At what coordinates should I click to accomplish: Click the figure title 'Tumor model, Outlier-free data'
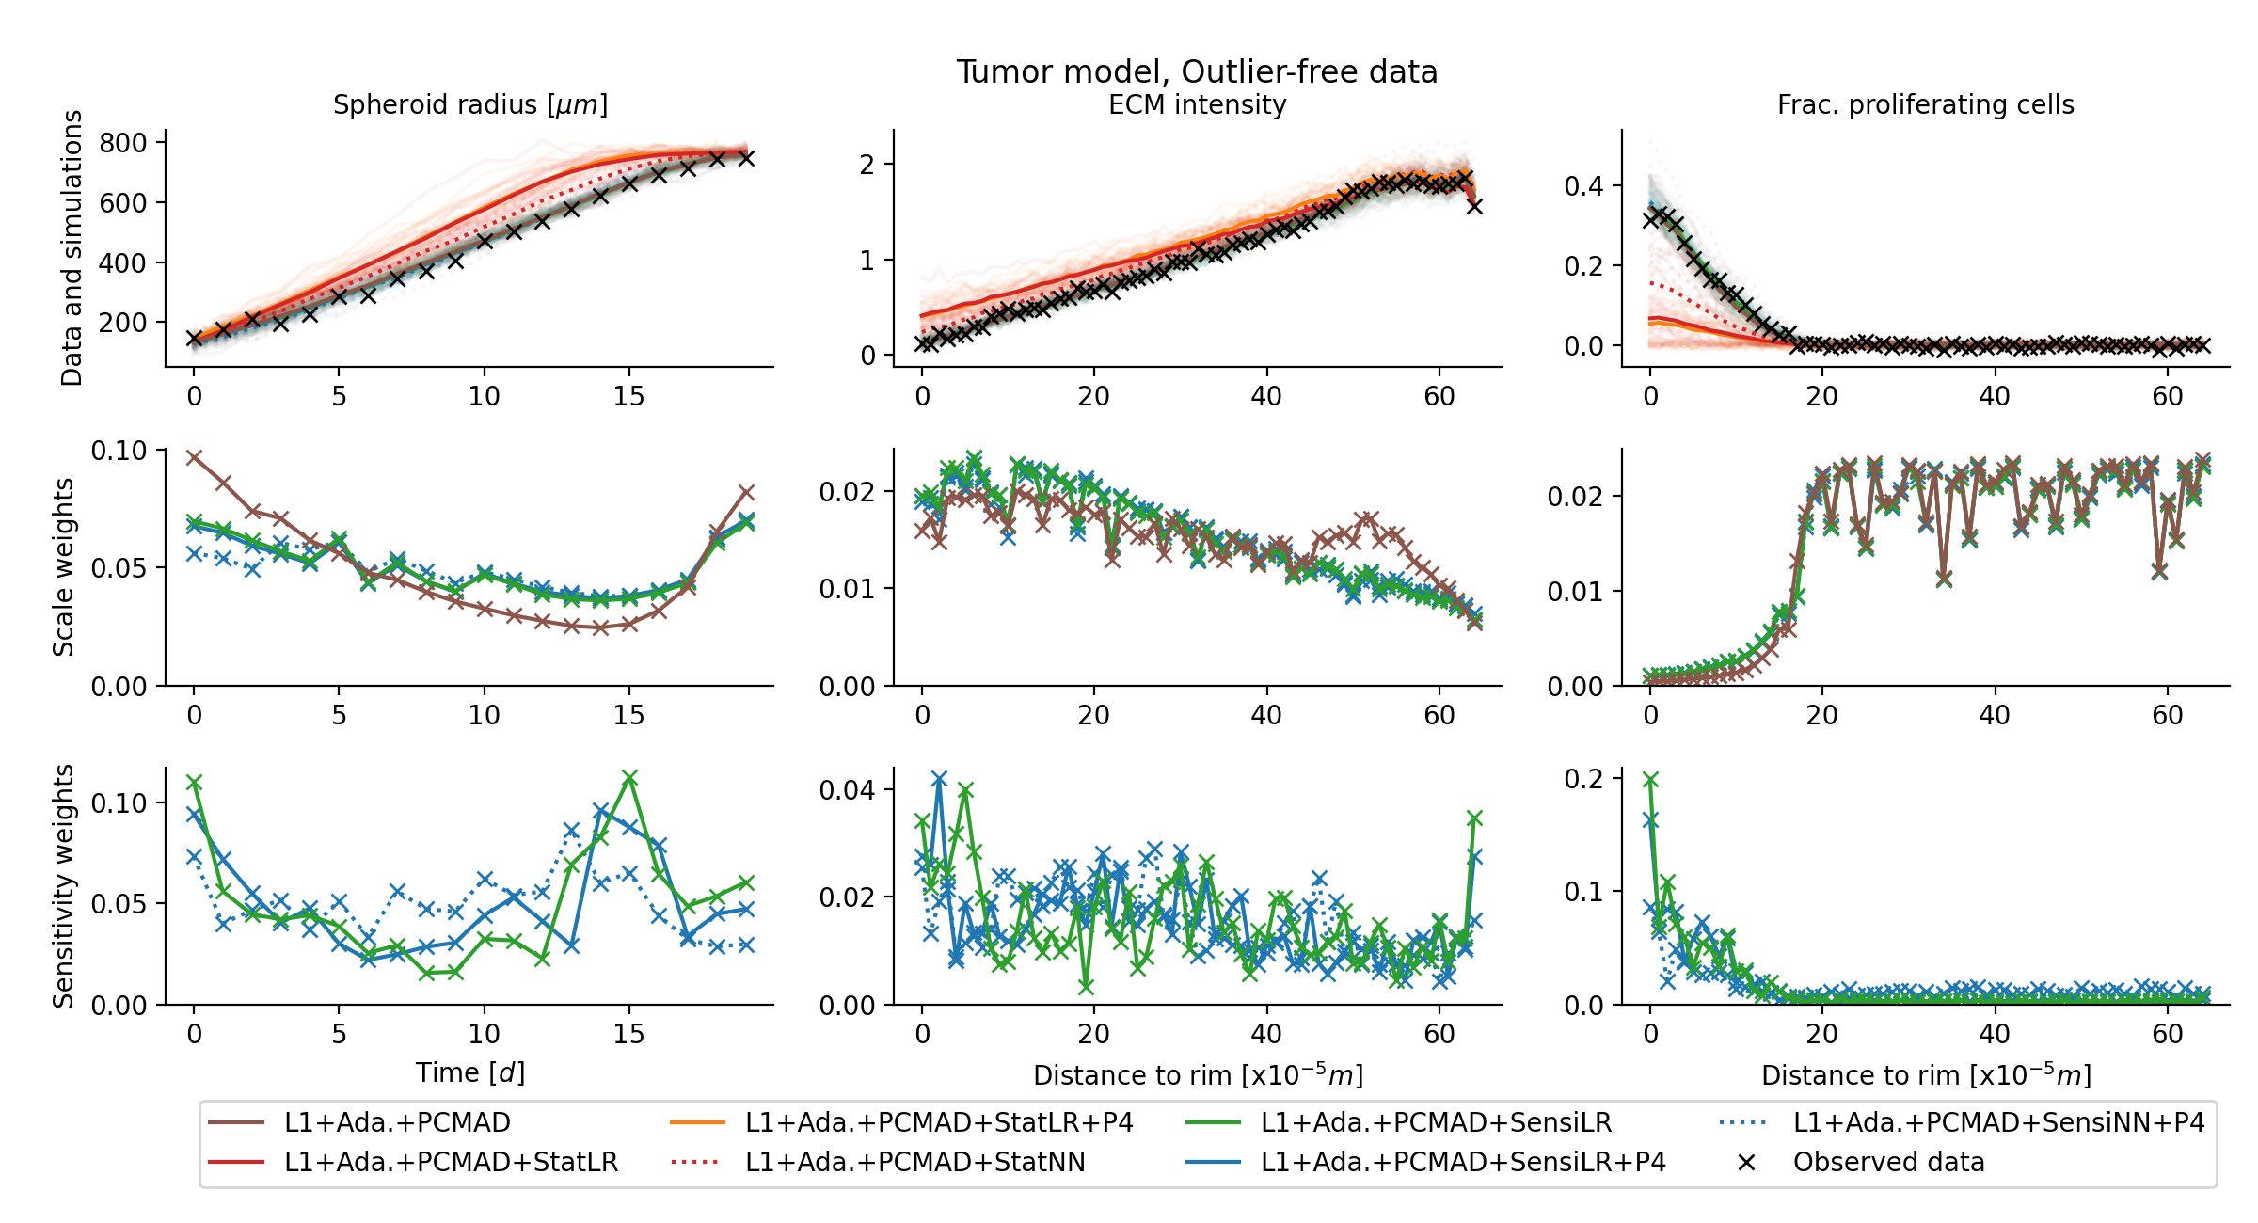[x=1197, y=72]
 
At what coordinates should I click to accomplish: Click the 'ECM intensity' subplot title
[x=1197, y=104]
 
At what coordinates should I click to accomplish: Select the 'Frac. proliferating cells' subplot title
[x=1925, y=104]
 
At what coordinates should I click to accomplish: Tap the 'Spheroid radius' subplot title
[x=470, y=104]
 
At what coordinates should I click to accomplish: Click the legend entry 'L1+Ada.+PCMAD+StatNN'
[x=914, y=1162]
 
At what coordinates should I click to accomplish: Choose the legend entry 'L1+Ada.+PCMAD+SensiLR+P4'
[x=1463, y=1162]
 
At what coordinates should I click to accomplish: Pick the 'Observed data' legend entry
[x=1888, y=1162]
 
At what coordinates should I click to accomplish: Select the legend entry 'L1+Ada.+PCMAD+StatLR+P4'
[x=939, y=1122]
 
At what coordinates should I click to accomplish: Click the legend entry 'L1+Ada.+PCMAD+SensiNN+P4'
[x=1998, y=1122]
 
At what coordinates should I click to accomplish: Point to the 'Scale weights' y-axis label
[x=63, y=567]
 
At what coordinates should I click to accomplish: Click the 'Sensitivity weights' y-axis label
[x=63, y=886]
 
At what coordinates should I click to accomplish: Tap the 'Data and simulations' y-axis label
[x=72, y=248]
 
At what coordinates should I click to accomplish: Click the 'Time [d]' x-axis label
[x=470, y=1072]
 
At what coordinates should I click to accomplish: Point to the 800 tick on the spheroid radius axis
[x=123, y=143]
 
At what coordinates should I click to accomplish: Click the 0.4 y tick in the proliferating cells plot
[x=1583, y=186]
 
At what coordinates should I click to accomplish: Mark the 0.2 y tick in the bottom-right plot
[x=1583, y=779]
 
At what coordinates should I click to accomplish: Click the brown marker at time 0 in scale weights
[x=194, y=458]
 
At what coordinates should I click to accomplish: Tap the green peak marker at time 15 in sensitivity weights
[x=630, y=778]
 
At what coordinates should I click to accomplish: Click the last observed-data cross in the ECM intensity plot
[x=1474, y=206]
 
